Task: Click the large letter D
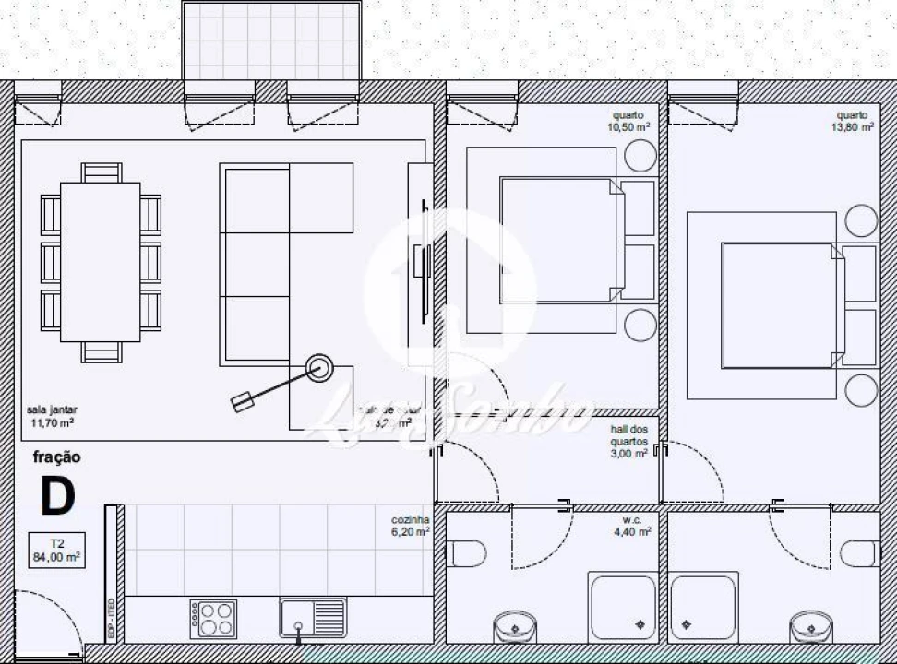coord(57,496)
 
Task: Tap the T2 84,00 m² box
coord(56,550)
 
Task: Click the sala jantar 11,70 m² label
coord(51,417)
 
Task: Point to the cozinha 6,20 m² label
coord(411,525)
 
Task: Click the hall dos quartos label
coord(629,441)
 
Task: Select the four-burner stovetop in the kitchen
coord(213,617)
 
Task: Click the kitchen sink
coord(313,617)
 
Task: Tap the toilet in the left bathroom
coord(467,553)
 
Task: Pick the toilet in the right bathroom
coord(859,553)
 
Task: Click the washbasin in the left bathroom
coord(515,629)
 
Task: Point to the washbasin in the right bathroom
coord(811,629)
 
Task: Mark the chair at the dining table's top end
coord(101,173)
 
